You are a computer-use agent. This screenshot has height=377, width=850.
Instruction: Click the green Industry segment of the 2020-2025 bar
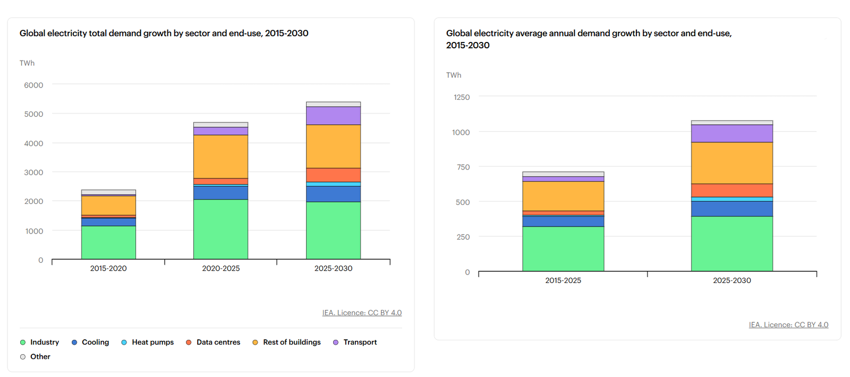click(220, 229)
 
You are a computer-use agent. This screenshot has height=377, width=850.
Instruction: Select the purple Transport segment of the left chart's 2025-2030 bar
click(333, 115)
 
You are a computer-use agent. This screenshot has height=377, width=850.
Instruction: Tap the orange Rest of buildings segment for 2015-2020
click(108, 205)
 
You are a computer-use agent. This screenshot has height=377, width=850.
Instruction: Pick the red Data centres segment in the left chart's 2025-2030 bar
click(333, 175)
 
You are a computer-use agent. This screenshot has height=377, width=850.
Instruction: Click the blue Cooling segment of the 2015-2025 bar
click(563, 221)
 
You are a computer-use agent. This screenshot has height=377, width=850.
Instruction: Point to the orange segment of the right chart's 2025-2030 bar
click(732, 162)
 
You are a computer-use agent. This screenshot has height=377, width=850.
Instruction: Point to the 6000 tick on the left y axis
click(33, 85)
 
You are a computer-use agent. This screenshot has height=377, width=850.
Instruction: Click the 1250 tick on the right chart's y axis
click(461, 97)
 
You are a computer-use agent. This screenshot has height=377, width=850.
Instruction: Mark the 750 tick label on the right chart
click(463, 167)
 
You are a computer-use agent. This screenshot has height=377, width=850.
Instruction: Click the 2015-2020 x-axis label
click(108, 268)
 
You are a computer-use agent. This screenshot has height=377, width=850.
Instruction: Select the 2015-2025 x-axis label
click(563, 280)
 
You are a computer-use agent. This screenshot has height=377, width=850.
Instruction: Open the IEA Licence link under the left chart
click(362, 313)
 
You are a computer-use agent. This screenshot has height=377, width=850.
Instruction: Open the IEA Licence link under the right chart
click(788, 324)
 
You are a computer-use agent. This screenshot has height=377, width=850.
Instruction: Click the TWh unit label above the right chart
click(454, 75)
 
